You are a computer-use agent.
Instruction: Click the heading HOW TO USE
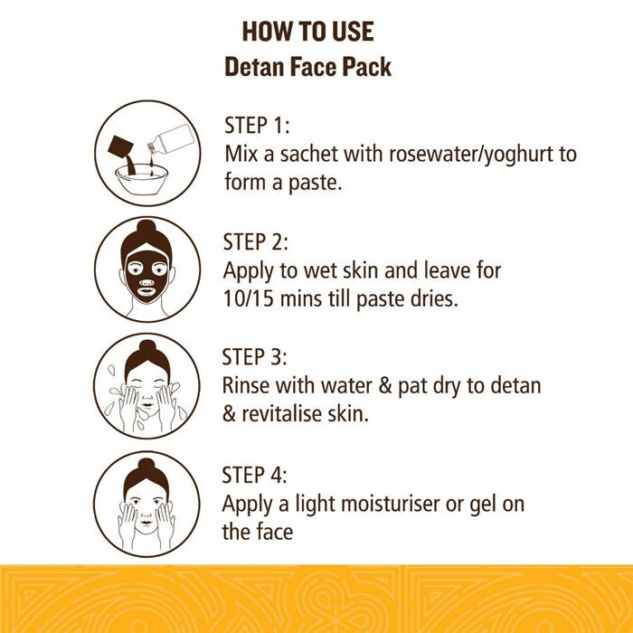(308, 32)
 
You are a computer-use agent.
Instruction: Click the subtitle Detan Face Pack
(308, 67)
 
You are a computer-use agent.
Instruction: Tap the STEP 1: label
(257, 125)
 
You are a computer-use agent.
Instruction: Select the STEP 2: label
(256, 241)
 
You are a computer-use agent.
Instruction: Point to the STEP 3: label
(254, 357)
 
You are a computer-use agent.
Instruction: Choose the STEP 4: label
(254, 475)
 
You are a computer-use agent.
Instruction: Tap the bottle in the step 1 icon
(171, 140)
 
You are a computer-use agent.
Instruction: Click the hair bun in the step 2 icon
(146, 228)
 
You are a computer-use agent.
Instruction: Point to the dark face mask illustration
(146, 276)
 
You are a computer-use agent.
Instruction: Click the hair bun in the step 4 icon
(146, 466)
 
